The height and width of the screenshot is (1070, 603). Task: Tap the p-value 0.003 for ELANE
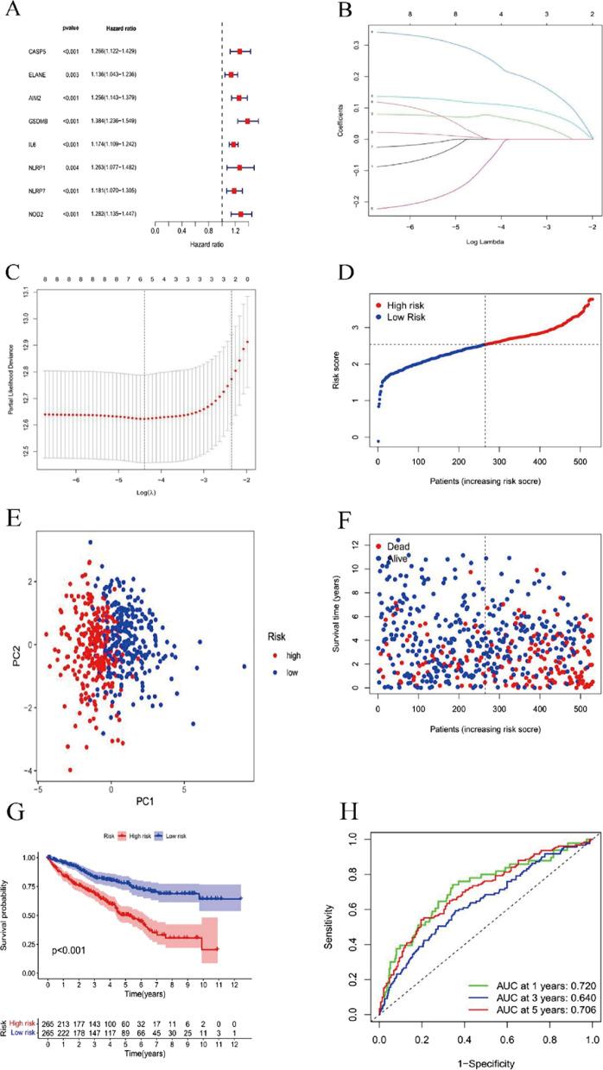pos(71,74)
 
